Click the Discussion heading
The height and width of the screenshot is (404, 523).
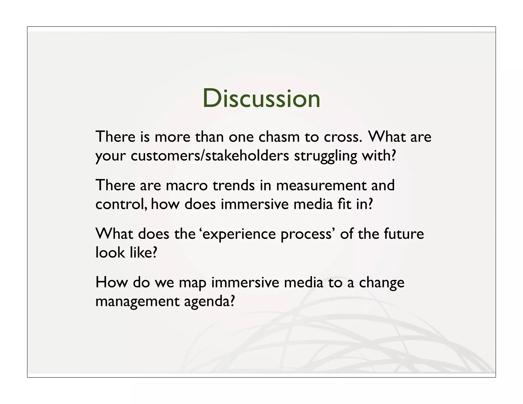tap(261, 99)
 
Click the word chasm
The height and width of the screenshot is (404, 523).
tap(279, 137)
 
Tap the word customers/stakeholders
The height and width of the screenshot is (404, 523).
tap(210, 156)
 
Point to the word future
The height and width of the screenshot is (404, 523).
tap(403, 234)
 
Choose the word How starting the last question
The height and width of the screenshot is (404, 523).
tap(111, 282)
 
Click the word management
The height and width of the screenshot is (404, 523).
tap(137, 302)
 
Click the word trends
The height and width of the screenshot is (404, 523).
tap(233, 185)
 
